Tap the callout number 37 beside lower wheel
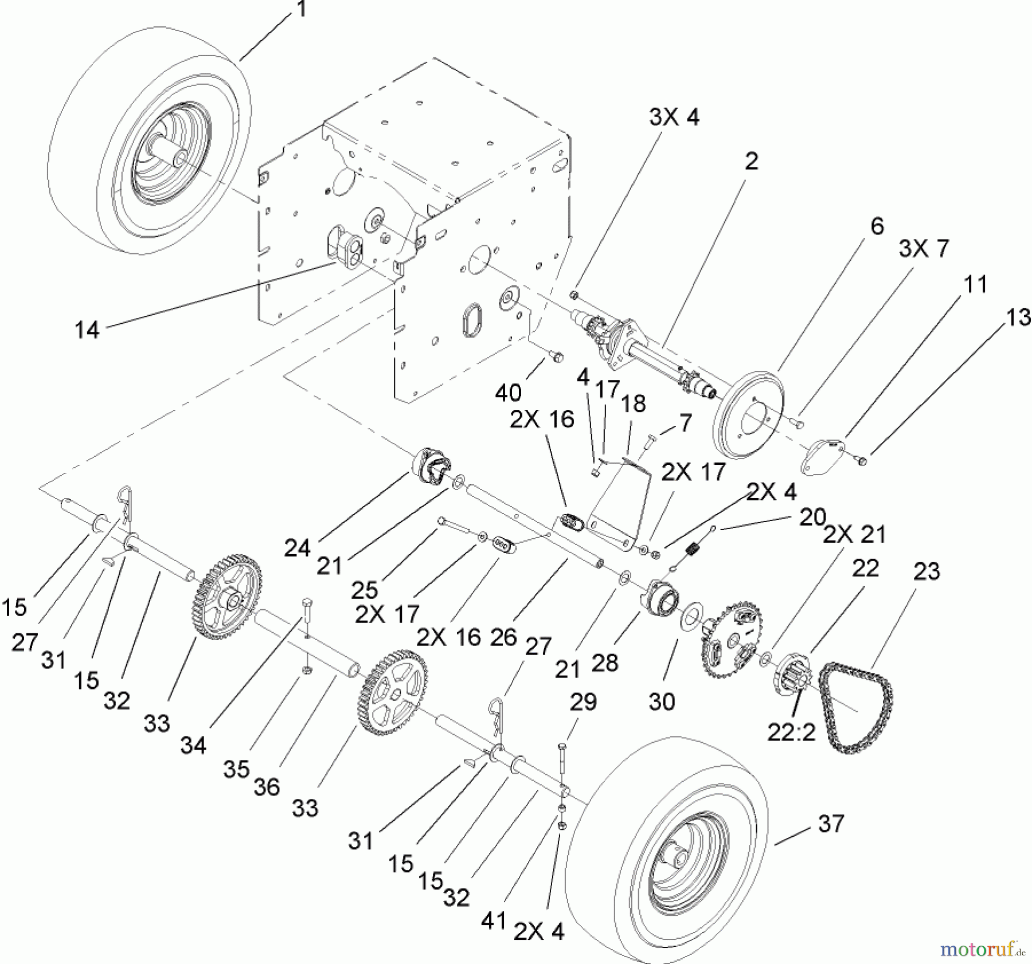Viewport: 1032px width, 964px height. click(x=831, y=824)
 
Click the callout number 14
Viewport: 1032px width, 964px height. click(x=87, y=330)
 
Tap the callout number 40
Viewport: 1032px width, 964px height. click(x=508, y=393)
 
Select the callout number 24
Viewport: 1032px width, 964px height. click(x=297, y=548)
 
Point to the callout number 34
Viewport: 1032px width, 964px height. click(x=193, y=745)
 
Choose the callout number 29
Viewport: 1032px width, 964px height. click(x=583, y=702)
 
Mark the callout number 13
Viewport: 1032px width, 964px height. click(x=1018, y=317)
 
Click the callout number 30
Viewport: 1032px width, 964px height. click(x=661, y=701)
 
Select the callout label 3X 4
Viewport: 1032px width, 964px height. click(x=674, y=117)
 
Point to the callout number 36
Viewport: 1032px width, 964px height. click(x=267, y=787)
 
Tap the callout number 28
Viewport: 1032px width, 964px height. click(x=604, y=663)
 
